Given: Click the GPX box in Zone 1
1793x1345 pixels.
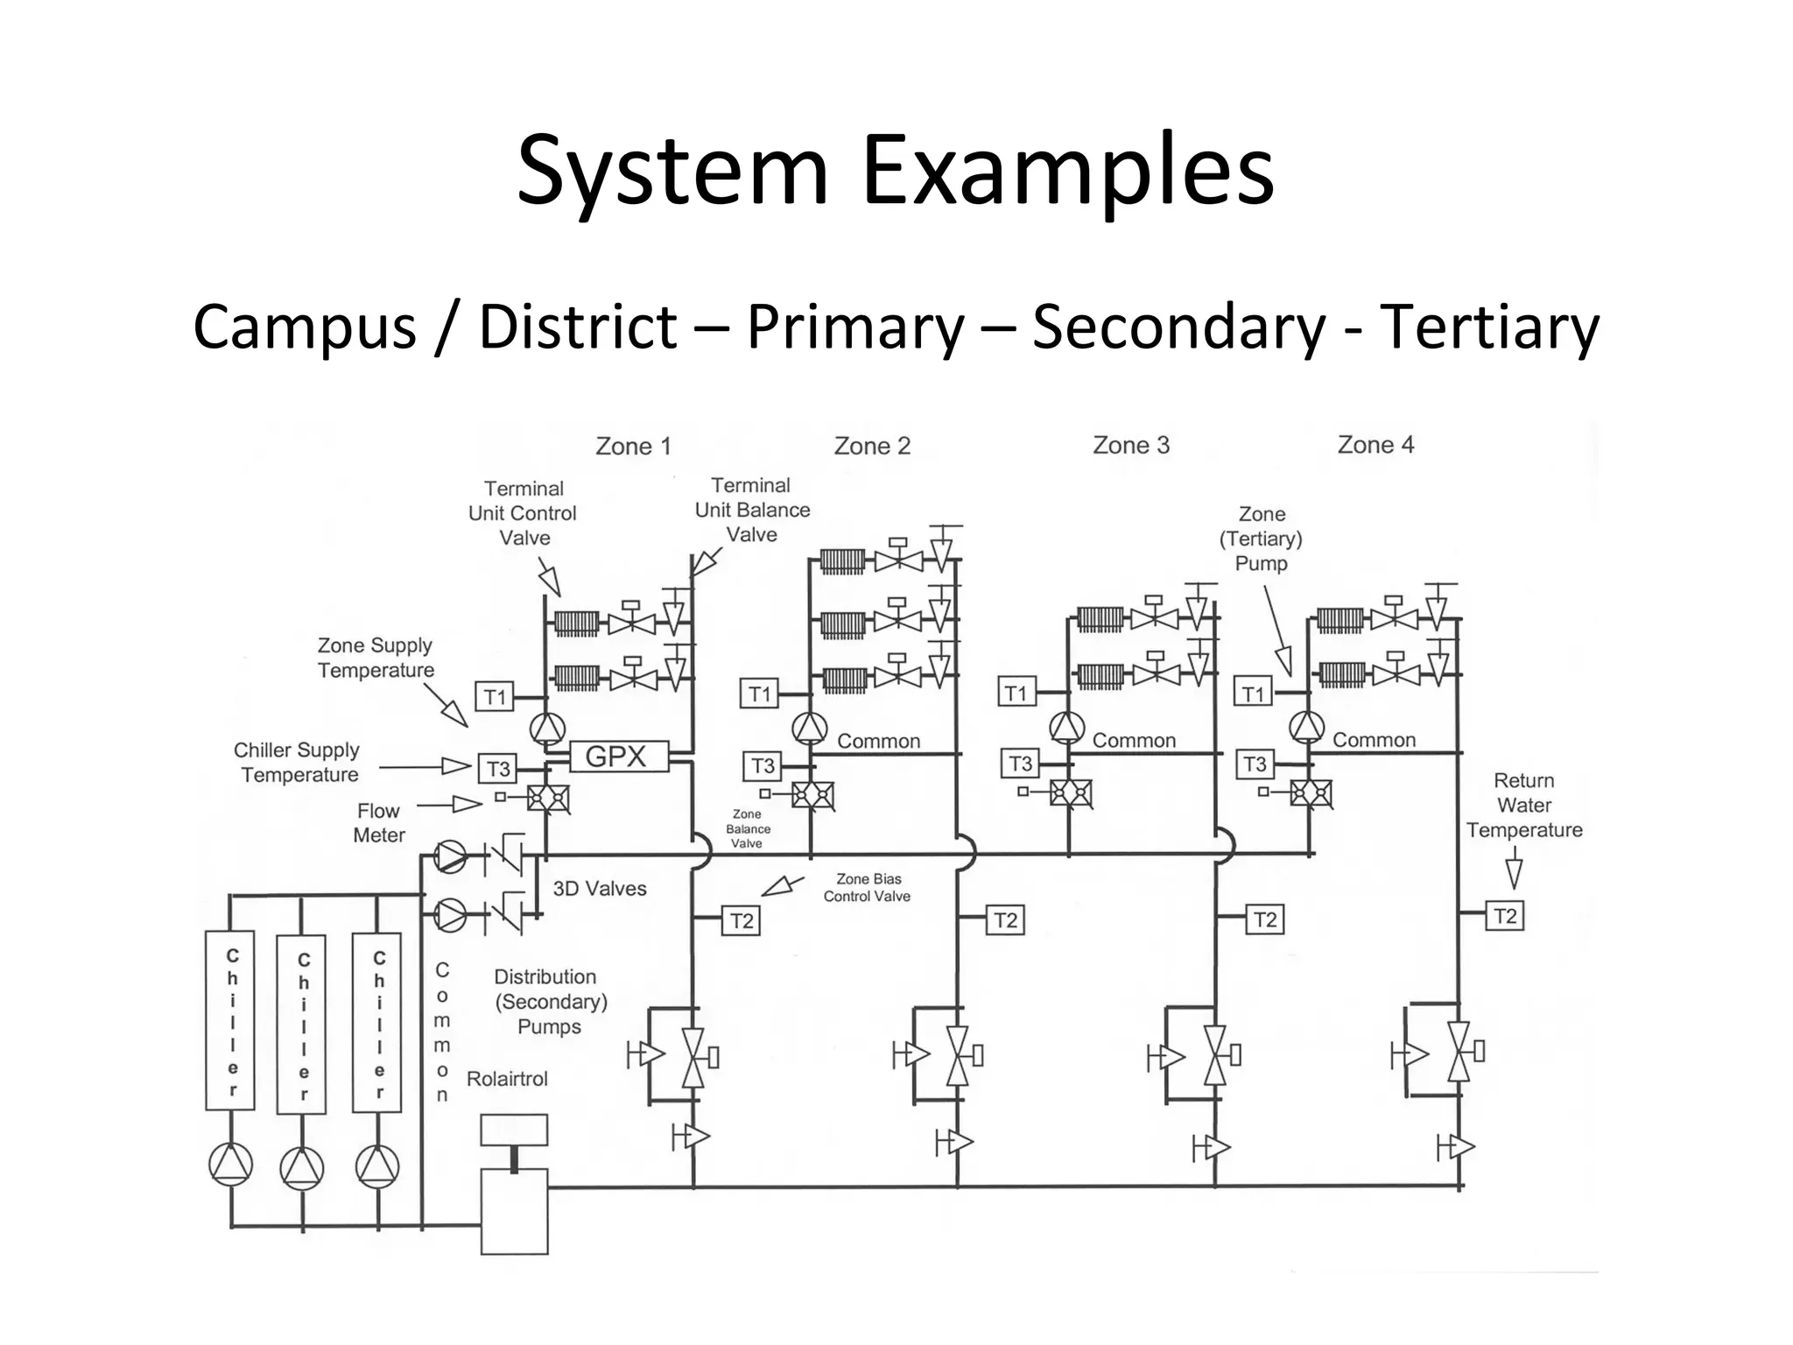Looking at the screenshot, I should (618, 757).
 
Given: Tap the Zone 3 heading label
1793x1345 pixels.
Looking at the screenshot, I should (1130, 446).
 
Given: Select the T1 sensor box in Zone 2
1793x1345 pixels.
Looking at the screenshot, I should (759, 694).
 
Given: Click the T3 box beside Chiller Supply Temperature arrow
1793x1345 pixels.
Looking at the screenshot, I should (497, 769).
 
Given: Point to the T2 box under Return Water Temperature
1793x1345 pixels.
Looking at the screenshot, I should (1504, 916).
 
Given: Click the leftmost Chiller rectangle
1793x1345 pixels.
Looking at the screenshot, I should (231, 1020).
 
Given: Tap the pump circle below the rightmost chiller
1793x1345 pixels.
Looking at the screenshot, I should (377, 1166).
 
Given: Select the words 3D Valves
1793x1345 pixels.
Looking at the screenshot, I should (600, 889).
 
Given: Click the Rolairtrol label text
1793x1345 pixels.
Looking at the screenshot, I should (507, 1079).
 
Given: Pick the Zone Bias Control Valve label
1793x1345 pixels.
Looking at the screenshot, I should (867, 888).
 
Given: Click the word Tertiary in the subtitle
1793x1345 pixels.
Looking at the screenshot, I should (1489, 327).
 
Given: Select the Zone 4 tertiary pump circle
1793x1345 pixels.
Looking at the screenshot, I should (1306, 726).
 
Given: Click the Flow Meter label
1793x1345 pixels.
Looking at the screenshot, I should (379, 823).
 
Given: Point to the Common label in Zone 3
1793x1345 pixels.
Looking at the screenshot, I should (1134, 741).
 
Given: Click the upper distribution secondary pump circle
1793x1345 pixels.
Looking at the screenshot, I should (451, 856).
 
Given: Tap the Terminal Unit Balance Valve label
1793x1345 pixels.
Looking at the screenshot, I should (752, 510).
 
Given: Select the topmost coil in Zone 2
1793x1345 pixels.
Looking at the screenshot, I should (842, 560).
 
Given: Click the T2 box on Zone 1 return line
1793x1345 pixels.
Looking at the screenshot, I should (742, 920).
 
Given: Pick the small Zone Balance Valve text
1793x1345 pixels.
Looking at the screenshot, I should (748, 829).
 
